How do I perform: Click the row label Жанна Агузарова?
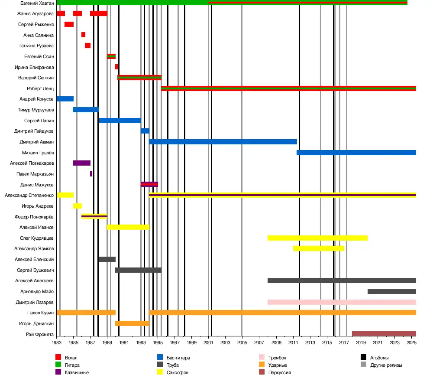(36, 13)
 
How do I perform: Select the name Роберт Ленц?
(40, 88)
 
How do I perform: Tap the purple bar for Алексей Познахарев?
(82, 163)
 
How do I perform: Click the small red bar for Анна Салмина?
(83, 35)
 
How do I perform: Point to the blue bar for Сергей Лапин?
(120, 121)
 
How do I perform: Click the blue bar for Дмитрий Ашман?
(223, 142)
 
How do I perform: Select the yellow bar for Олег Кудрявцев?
(317, 238)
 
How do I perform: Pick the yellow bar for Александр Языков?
(319, 248)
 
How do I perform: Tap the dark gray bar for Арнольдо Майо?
(392, 291)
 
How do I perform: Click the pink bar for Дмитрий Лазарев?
(342, 302)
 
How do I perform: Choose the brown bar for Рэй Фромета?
(384, 334)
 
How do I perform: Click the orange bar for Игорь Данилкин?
(132, 323)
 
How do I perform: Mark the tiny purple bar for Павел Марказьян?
(91, 174)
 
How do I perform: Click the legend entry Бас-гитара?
(178, 358)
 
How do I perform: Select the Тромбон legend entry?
(277, 358)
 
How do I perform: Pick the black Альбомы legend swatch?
(364, 358)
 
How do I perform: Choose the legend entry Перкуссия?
(279, 372)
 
